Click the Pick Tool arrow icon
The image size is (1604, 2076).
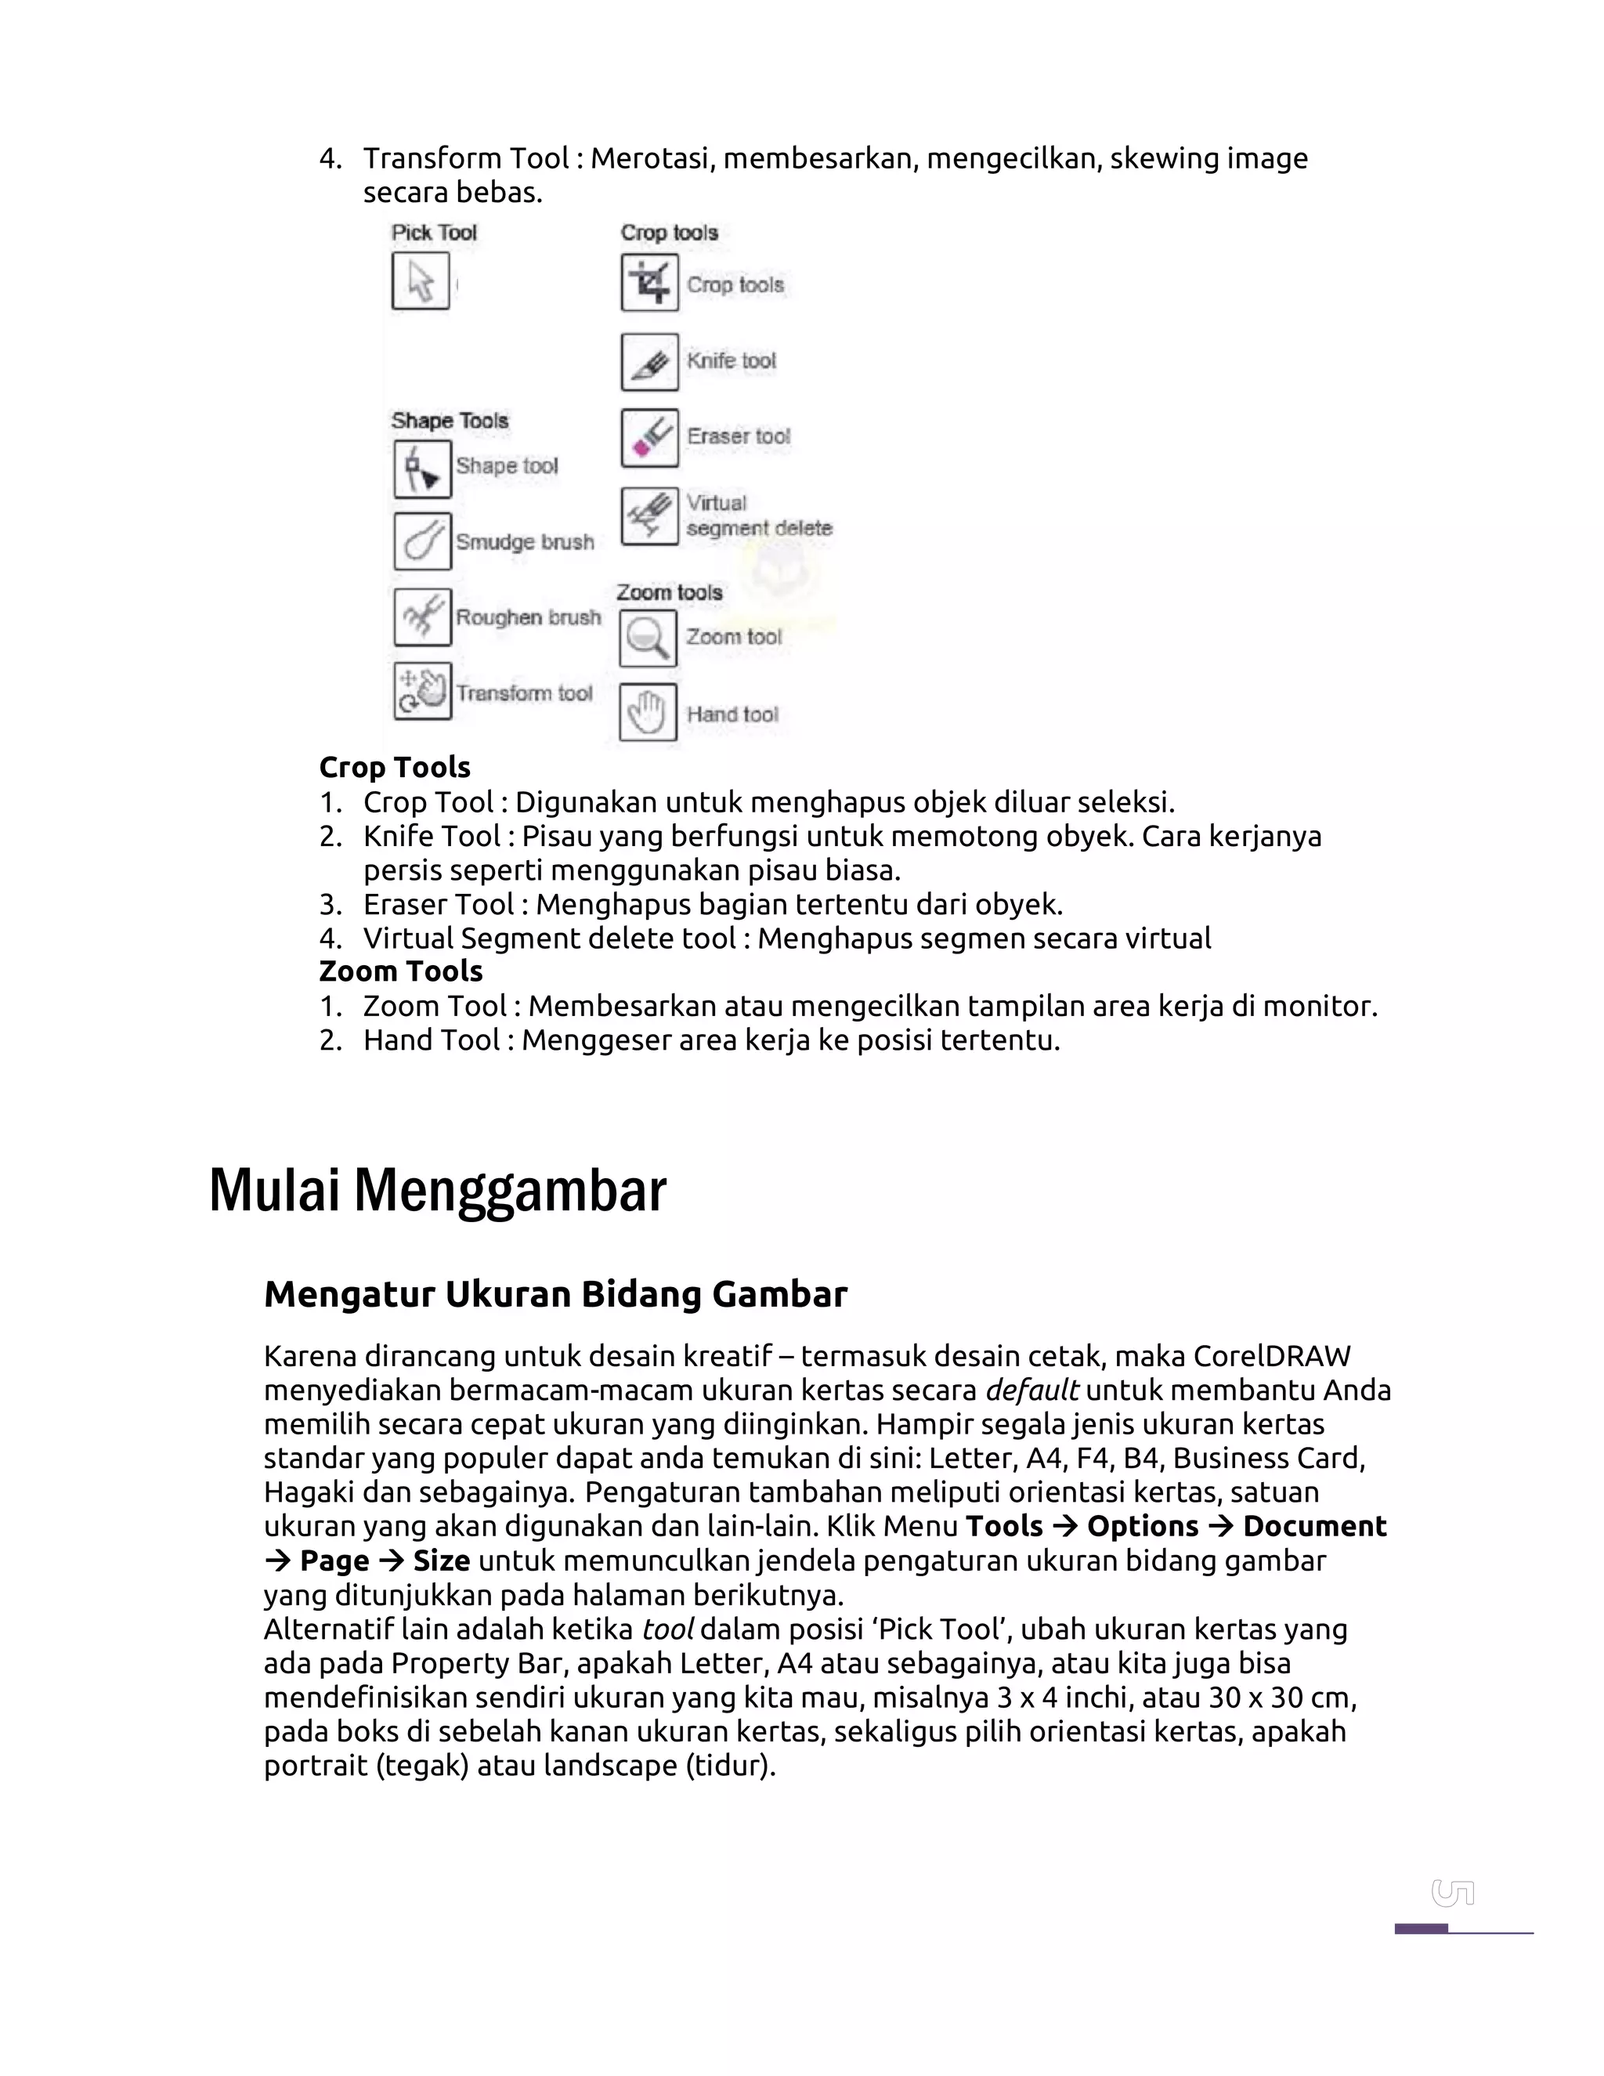[420, 281]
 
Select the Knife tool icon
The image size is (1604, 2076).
[649, 362]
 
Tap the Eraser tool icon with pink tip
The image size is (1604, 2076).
[649, 438]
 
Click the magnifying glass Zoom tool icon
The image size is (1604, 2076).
[647, 638]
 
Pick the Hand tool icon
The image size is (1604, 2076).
[647, 712]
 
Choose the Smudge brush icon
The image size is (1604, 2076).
[422, 541]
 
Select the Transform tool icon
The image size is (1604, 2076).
[422, 691]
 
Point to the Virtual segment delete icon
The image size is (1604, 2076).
[649, 516]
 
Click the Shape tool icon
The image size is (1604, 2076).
[422, 469]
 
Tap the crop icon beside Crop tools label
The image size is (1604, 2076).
[649, 282]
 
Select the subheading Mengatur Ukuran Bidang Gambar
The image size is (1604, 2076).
[555, 1295]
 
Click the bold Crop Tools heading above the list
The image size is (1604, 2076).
[395, 767]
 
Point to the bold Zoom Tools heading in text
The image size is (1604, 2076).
[400, 971]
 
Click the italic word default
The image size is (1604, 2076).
[1031, 1391]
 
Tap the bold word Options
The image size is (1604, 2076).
[1142, 1527]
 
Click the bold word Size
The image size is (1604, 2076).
[441, 1561]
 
